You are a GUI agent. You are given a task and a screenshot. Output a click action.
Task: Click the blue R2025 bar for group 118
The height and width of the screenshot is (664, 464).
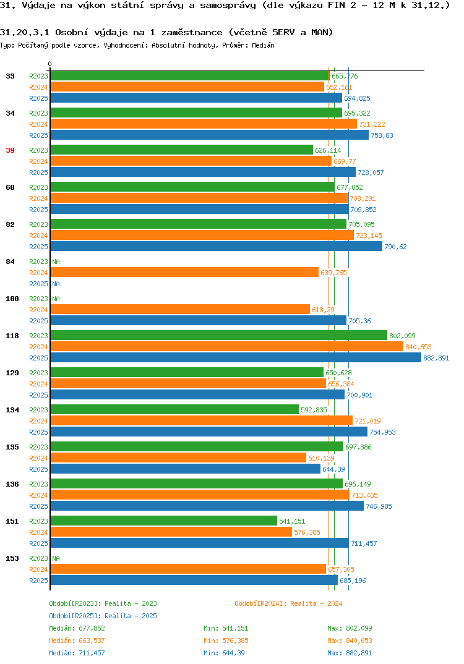236,358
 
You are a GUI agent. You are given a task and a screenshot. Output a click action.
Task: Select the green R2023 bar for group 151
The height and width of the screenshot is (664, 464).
163,521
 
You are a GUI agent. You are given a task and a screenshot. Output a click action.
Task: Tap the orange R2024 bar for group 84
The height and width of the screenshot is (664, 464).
184,272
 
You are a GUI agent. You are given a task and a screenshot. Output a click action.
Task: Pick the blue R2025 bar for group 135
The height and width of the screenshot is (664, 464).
185,469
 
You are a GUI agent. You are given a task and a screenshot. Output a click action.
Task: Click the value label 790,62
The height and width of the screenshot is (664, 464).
395,247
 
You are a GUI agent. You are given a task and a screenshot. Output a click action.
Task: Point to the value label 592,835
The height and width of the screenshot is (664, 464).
314,410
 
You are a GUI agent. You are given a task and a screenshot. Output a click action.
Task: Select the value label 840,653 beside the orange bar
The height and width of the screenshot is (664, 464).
418,347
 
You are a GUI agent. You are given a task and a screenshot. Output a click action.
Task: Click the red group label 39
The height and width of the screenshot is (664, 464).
10,150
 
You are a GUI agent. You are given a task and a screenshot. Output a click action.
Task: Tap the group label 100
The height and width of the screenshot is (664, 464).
12,299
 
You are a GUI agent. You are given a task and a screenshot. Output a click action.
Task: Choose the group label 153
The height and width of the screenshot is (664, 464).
12,558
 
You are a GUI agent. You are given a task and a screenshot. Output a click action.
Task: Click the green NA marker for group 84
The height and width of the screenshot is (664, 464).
56,262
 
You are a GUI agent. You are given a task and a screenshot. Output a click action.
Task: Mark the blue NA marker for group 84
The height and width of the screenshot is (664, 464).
56,284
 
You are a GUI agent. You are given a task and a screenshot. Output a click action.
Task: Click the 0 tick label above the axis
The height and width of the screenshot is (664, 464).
50,64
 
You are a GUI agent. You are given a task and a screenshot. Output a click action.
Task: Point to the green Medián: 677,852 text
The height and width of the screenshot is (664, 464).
77,628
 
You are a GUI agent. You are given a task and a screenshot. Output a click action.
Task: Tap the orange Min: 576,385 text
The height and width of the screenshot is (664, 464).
226,641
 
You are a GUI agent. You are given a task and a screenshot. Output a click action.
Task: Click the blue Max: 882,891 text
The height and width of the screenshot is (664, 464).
350,653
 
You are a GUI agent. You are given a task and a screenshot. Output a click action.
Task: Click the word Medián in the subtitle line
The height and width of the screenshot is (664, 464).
263,45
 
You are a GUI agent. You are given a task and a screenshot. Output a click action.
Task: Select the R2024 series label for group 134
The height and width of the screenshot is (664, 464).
38,421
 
